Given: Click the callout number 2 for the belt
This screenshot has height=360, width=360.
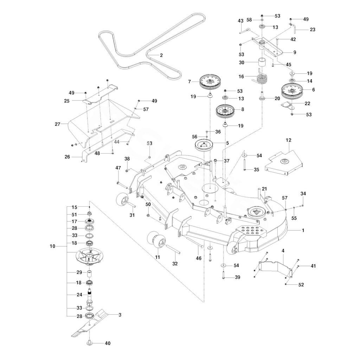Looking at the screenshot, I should [x=161, y=55].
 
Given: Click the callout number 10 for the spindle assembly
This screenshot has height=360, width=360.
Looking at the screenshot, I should [x=53, y=246].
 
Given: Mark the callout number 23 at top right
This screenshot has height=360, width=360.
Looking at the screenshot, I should [x=313, y=30].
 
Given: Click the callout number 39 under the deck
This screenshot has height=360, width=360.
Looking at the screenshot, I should [x=238, y=277].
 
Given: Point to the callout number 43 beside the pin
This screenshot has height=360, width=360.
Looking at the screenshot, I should [x=240, y=21].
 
